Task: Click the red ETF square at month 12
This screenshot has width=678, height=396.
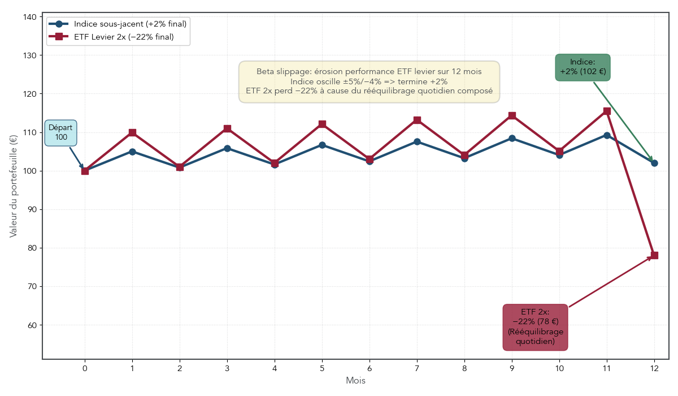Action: point(654,256)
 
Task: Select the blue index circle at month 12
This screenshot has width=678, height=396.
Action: point(654,163)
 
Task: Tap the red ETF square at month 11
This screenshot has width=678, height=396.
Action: point(607,111)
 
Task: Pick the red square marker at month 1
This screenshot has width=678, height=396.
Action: point(132,132)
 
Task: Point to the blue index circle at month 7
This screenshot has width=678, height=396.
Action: point(417,141)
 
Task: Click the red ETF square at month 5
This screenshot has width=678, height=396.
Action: point(322,124)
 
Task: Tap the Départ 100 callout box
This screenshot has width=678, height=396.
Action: point(61,132)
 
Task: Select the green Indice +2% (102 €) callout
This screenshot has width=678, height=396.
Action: point(583,67)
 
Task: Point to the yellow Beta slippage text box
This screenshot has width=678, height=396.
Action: point(369,81)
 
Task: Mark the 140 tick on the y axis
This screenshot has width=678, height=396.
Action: point(32,17)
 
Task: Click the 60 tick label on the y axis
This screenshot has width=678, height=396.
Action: point(32,325)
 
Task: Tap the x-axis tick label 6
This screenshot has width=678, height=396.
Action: point(370,368)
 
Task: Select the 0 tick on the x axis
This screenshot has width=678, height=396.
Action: point(85,368)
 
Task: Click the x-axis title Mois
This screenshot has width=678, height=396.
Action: point(355,381)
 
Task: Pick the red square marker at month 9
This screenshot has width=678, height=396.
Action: point(512,115)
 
